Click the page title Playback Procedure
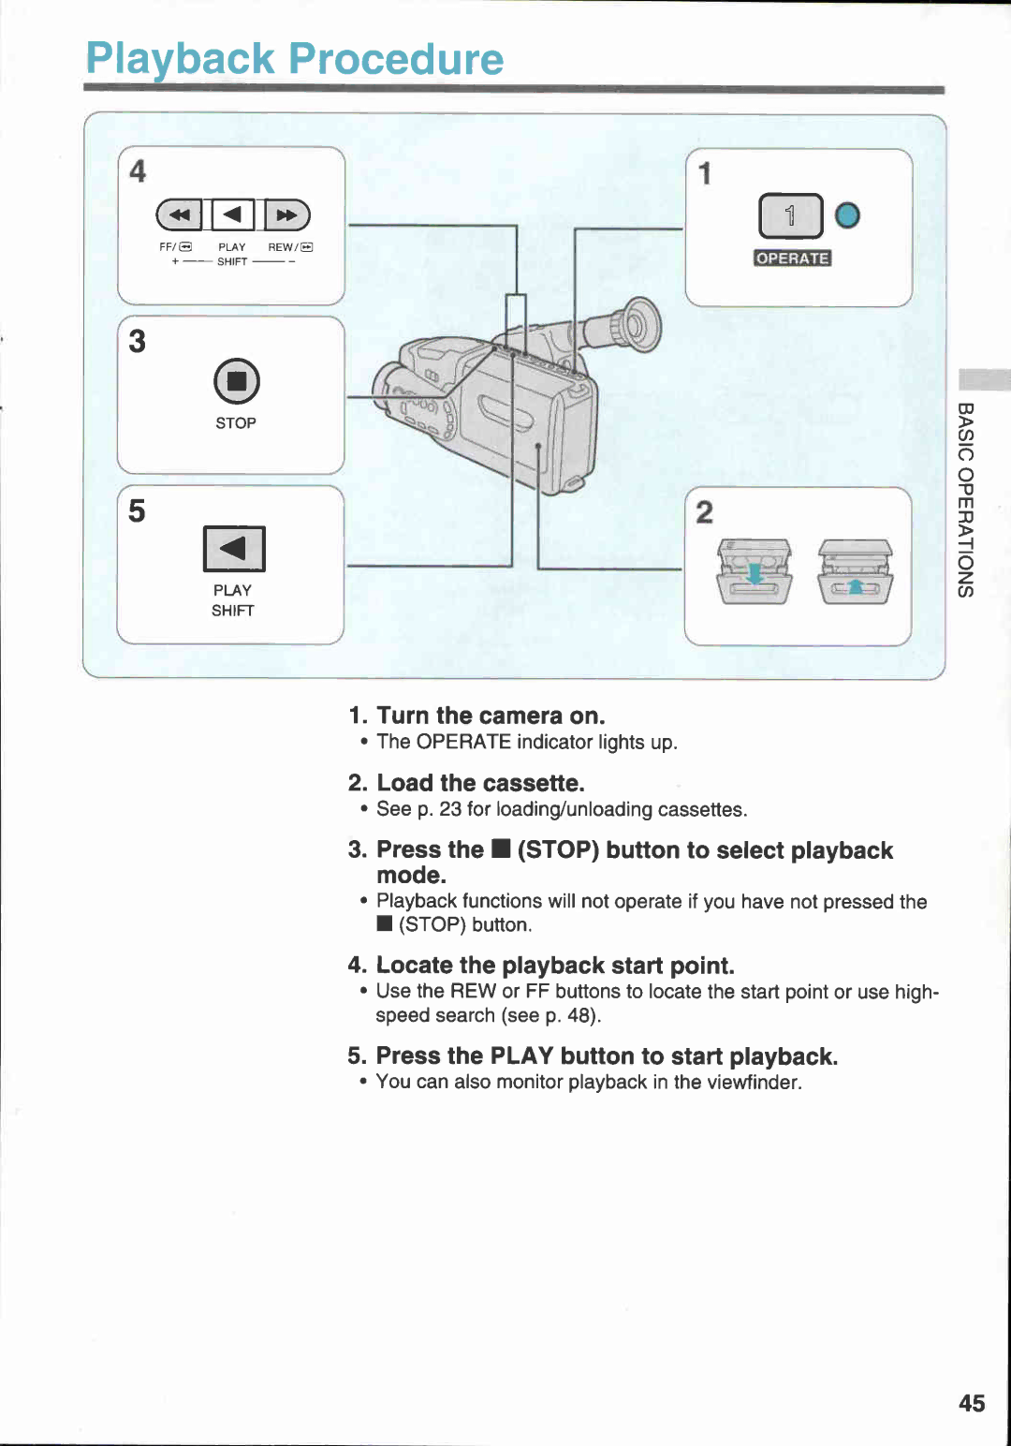pyautogui.click(x=294, y=59)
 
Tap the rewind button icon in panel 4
pyautogui.click(x=180, y=214)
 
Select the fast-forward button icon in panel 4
pyautogui.click(x=286, y=214)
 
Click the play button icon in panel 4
pyautogui.click(x=233, y=214)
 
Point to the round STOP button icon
pyautogui.click(x=236, y=381)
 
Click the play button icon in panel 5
pyautogui.click(x=234, y=549)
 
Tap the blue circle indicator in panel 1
pyautogui.click(x=847, y=216)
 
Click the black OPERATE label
pyautogui.click(x=792, y=258)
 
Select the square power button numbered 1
pyautogui.click(x=790, y=216)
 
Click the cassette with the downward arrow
pyautogui.click(x=755, y=572)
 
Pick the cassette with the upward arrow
pyautogui.click(x=855, y=572)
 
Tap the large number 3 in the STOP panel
pyautogui.click(x=138, y=341)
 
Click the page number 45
pyautogui.click(x=972, y=1403)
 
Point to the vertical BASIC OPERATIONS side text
pyautogui.click(x=966, y=499)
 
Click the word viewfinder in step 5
pyautogui.click(x=753, y=1082)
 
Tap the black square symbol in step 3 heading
pyautogui.click(x=501, y=849)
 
